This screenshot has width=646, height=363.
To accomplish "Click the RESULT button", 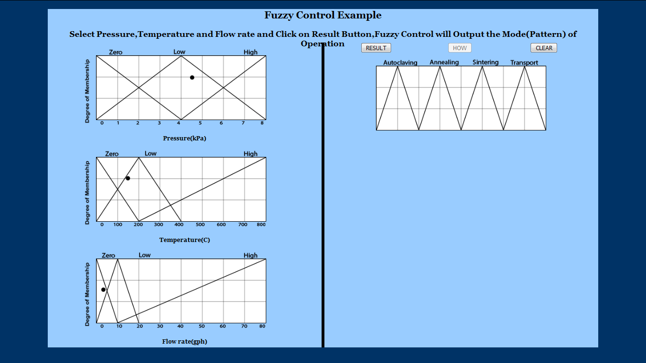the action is [376, 48].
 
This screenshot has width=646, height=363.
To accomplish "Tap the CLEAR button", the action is [544, 48].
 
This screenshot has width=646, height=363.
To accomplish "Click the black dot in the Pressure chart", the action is [192, 77].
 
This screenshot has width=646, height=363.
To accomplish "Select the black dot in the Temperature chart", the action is [128, 178].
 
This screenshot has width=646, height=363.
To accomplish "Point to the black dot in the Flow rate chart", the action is [103, 289].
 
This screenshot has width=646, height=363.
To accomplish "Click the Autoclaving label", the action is [400, 62].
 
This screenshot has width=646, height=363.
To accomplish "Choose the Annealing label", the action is [444, 62].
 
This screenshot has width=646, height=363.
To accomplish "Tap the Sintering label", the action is [485, 62].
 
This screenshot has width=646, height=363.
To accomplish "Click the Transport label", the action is [524, 62].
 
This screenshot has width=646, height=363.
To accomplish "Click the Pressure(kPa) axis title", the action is [184, 138].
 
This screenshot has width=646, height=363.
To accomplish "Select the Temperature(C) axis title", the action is [184, 240].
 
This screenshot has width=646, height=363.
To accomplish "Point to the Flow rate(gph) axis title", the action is [184, 341].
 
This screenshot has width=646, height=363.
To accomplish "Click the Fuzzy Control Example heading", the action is [323, 15].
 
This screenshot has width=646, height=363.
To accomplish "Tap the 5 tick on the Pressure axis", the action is [200, 123].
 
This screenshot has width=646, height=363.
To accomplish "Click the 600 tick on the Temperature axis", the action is [221, 225].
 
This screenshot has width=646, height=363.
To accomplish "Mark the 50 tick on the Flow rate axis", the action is [201, 326].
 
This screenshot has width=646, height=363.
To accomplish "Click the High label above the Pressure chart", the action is [250, 52].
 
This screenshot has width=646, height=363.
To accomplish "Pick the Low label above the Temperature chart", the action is [150, 154].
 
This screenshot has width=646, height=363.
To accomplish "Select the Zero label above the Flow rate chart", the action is [108, 255].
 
